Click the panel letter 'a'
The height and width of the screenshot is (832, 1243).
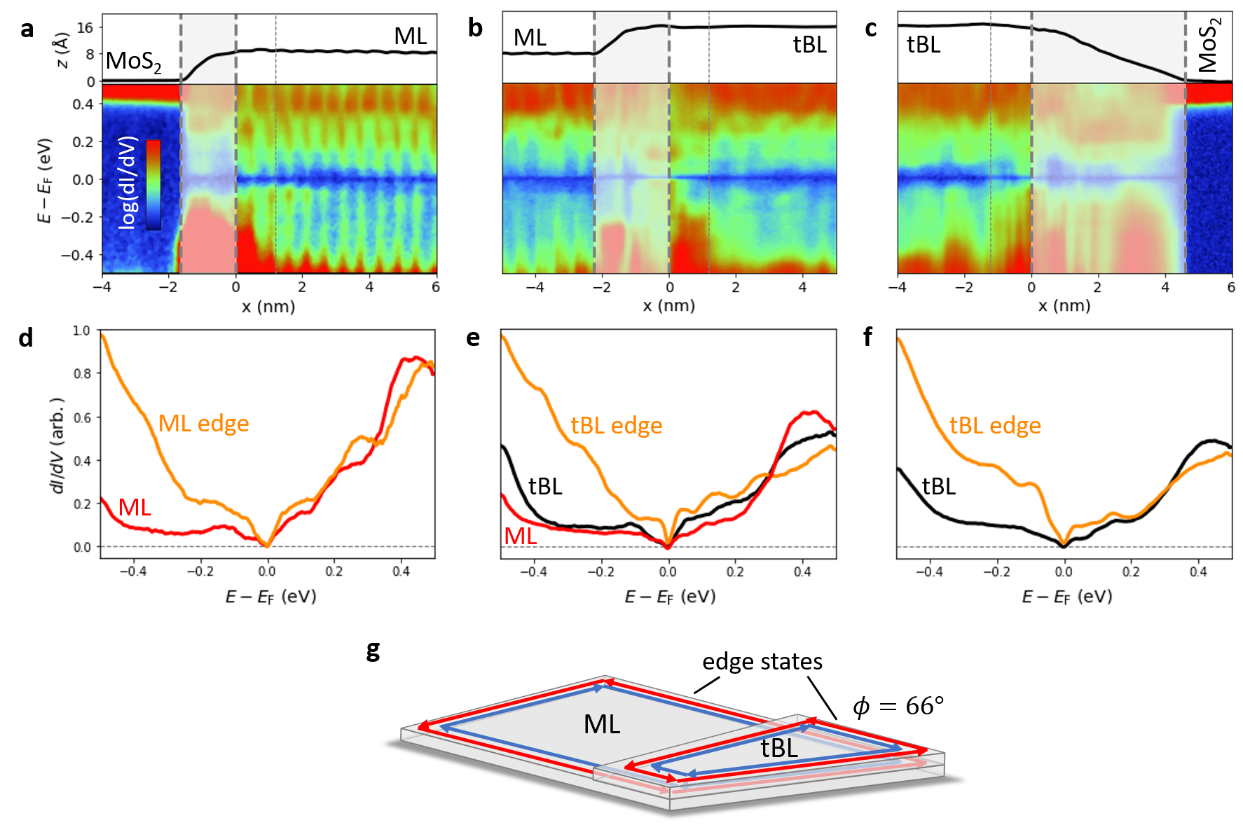pyautogui.click(x=27, y=29)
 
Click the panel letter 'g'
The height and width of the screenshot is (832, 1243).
pyautogui.click(x=373, y=651)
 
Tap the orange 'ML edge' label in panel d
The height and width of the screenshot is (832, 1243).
pyautogui.click(x=203, y=424)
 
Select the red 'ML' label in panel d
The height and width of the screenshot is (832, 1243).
pyautogui.click(x=135, y=507)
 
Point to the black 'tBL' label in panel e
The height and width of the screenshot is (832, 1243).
pyautogui.click(x=545, y=486)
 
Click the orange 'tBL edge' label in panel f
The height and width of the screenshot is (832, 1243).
pyautogui.click(x=995, y=425)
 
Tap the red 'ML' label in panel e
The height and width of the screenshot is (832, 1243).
pyautogui.click(x=521, y=536)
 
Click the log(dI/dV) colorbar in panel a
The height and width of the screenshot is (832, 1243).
pyautogui.click(x=153, y=185)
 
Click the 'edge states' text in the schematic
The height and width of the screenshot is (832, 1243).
pyautogui.click(x=762, y=662)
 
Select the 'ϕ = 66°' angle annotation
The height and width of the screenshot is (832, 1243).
pyautogui.click(x=898, y=706)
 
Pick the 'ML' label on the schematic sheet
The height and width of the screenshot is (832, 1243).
pyautogui.click(x=602, y=724)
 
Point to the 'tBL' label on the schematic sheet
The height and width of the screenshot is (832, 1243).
pyautogui.click(x=779, y=749)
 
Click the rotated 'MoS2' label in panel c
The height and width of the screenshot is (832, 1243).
pyautogui.click(x=1209, y=45)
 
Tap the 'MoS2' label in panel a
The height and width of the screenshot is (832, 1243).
pyautogui.click(x=133, y=62)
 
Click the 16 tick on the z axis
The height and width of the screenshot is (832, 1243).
pyautogui.click(x=85, y=28)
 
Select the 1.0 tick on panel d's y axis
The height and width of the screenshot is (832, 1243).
pyautogui.click(x=82, y=331)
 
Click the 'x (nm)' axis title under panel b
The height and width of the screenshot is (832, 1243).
pyautogui.click(x=669, y=306)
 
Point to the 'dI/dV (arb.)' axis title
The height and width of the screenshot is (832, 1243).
pyautogui.click(x=58, y=445)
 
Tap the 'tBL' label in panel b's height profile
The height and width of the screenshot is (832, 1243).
pyautogui.click(x=809, y=45)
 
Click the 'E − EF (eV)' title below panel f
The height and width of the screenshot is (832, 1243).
pyautogui.click(x=1066, y=597)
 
